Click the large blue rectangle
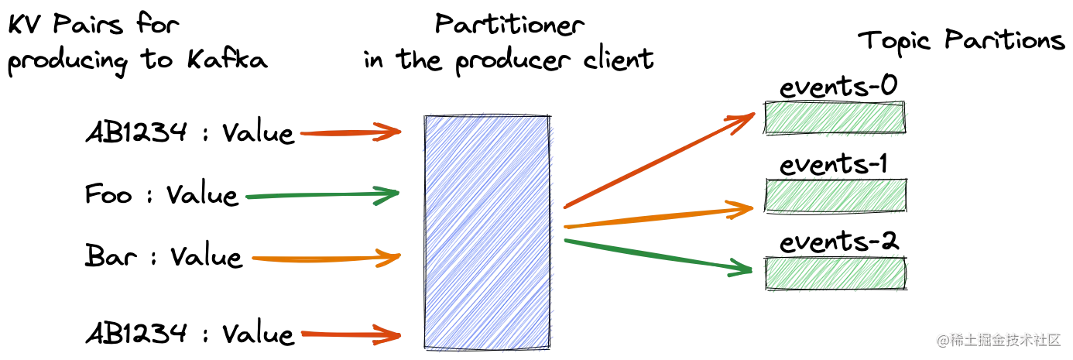pos(487,232)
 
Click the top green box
pos(835,118)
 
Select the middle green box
pos(835,197)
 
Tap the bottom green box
pos(835,273)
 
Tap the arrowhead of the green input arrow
pos(387,196)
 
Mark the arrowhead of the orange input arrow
pos(389,257)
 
